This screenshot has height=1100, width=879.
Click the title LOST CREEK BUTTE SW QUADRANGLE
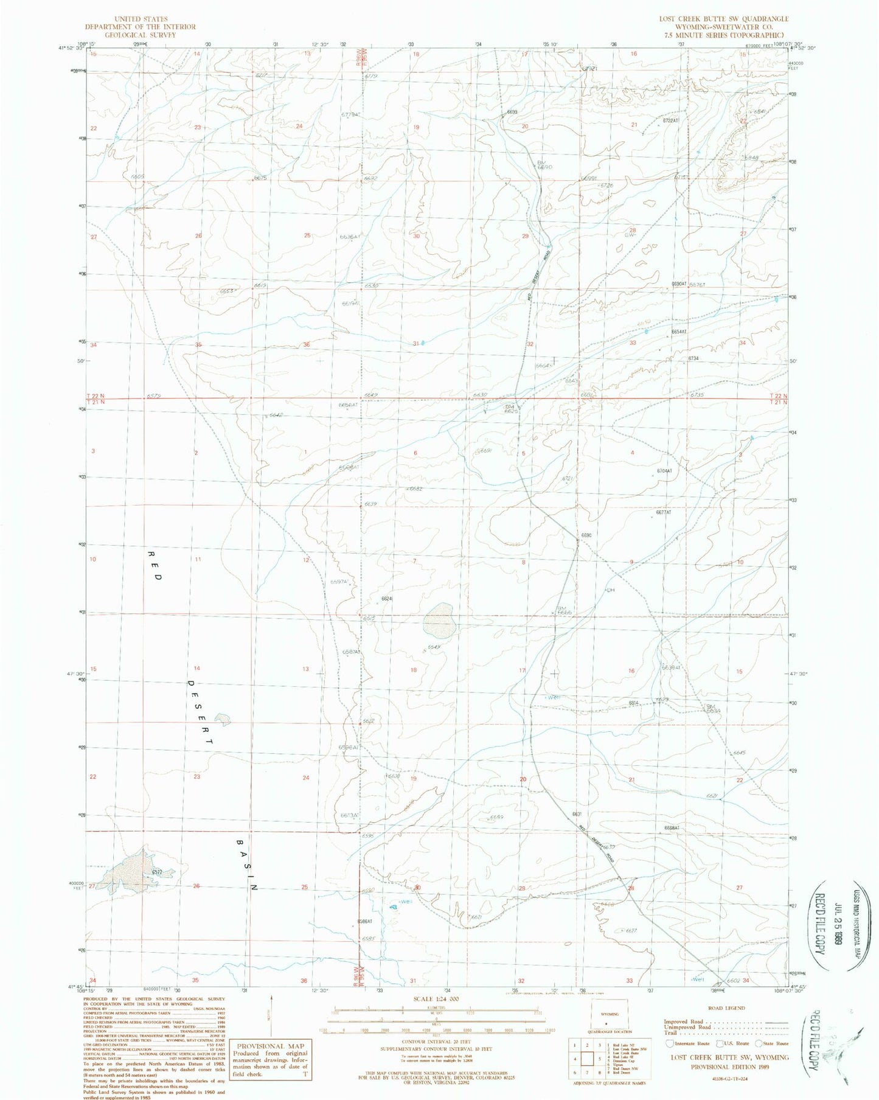[724, 19]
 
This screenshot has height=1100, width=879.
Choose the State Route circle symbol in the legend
[757, 1043]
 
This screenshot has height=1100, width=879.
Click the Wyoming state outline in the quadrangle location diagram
[610, 1014]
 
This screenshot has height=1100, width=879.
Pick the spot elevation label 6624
[387, 599]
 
